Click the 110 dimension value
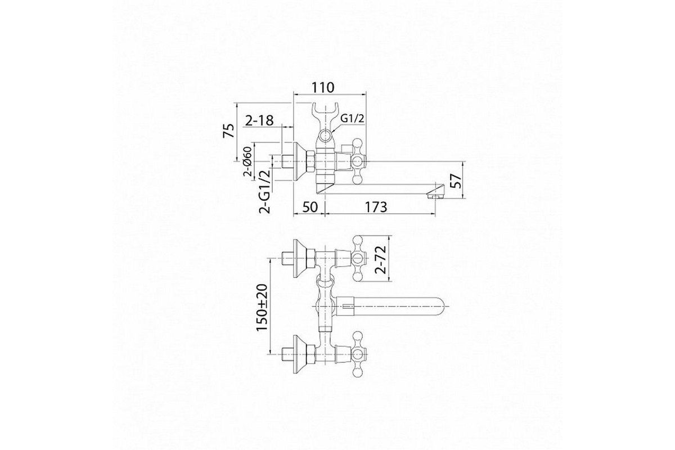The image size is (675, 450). (323, 87)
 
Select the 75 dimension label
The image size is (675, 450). (229, 130)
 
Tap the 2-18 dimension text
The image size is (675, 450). (259, 120)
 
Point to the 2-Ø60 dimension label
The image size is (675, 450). (247, 161)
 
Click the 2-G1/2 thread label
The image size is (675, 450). (265, 191)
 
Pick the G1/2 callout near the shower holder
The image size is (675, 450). (352, 119)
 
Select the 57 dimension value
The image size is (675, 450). (457, 181)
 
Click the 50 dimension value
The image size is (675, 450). (310, 207)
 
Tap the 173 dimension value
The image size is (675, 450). (376, 207)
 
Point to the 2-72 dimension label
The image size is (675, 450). (381, 259)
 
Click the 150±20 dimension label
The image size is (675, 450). (262, 308)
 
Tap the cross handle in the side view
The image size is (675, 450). (358, 161)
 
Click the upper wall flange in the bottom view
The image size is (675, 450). (300, 258)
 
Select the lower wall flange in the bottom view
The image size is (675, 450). (300, 354)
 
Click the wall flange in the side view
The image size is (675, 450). (300, 161)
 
